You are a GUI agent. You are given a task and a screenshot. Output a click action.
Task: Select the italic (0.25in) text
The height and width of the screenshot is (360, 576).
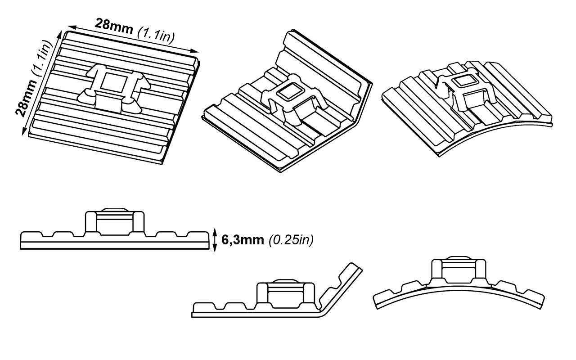290,240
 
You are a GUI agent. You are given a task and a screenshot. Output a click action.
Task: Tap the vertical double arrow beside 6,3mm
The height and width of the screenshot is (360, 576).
215,240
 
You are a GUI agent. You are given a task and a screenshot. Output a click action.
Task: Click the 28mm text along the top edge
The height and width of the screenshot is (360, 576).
113,27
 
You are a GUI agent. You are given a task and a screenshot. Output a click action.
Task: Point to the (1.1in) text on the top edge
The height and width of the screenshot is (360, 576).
156,34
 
